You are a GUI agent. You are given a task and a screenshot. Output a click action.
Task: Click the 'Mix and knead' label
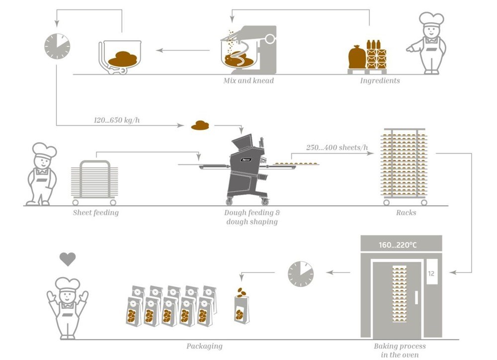pyautogui.click(x=248, y=80)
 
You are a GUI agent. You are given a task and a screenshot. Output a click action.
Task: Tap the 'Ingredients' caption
pyautogui.click(x=380, y=80)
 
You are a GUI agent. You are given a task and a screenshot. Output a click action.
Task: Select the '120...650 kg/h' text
pyautogui.click(x=120, y=120)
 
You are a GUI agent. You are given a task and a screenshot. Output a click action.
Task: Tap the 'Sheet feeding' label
pyautogui.click(x=96, y=213)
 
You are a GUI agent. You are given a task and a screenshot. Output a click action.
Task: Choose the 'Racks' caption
pyautogui.click(x=406, y=213)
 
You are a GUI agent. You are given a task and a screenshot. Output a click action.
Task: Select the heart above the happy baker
pyautogui.click(x=68, y=259)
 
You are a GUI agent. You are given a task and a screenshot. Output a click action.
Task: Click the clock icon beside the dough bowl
pyautogui.click(x=57, y=46)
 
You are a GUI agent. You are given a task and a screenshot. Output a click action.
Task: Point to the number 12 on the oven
pyautogui.click(x=431, y=273)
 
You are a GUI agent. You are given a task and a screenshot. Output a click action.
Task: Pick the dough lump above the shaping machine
pyautogui.click(x=201, y=125)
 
